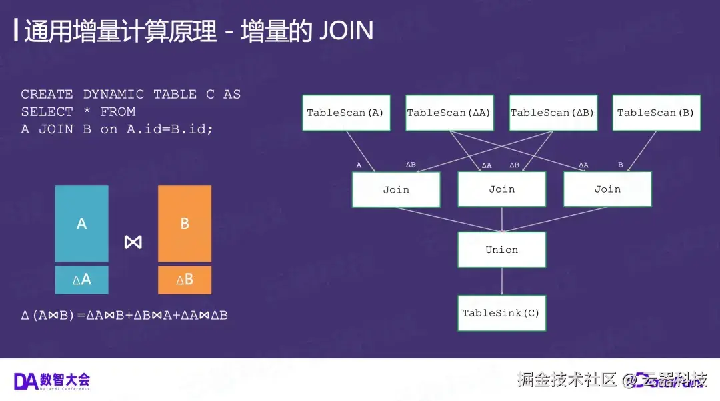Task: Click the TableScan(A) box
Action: [345, 113]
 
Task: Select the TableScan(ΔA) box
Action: [449, 113]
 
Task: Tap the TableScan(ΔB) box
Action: [552, 113]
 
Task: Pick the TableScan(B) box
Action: [655, 113]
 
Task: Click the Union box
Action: [501, 250]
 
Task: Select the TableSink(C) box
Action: [501, 313]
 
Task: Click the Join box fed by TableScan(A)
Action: [396, 189]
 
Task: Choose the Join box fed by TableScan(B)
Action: [607, 189]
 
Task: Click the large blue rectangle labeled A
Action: [81, 224]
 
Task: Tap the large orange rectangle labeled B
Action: [185, 224]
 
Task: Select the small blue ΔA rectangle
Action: [81, 280]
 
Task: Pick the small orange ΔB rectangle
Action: [185, 280]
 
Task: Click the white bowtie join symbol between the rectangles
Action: [133, 242]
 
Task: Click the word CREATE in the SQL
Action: [47, 95]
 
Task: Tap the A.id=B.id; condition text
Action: [170, 129]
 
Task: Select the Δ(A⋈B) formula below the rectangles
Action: [124, 315]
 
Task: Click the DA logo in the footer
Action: [25, 381]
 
